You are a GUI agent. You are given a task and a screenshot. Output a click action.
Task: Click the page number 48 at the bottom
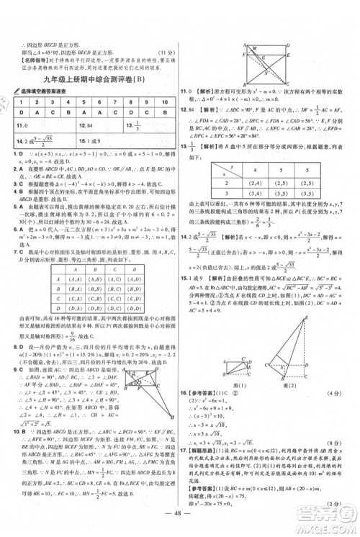pos(179,525)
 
